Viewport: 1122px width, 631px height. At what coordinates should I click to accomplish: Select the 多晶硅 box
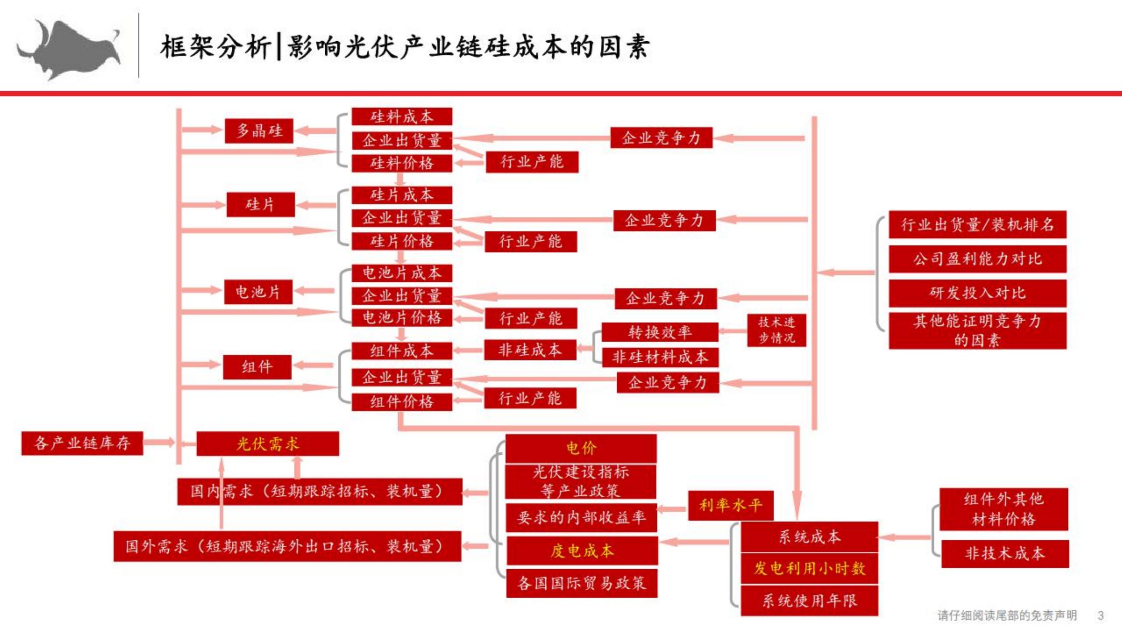(x=259, y=131)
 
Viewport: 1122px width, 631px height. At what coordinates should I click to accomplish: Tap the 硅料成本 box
(x=402, y=117)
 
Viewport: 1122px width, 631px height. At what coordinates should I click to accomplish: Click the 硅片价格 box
(x=402, y=241)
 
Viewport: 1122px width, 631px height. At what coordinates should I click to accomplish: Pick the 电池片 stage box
(x=258, y=292)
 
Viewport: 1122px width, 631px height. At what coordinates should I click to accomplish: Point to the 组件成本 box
(x=402, y=351)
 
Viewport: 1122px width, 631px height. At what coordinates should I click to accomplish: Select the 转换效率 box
(x=660, y=332)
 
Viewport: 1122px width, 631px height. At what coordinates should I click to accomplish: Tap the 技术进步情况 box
(x=777, y=330)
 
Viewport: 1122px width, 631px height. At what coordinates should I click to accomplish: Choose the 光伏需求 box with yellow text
(x=268, y=444)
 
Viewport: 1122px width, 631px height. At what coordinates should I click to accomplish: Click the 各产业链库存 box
(x=82, y=443)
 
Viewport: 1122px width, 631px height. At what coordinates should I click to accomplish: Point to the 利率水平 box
(x=731, y=506)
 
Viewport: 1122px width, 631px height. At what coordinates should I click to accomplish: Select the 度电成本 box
(x=582, y=551)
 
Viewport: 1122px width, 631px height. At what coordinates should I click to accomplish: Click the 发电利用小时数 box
(x=810, y=568)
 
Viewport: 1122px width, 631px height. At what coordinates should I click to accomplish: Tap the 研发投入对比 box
(x=978, y=293)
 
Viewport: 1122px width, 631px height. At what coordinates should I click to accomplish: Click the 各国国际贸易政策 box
(x=582, y=583)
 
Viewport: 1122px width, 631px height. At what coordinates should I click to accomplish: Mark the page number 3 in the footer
(x=1101, y=615)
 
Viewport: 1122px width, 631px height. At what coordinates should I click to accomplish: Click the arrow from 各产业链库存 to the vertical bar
(x=159, y=443)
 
